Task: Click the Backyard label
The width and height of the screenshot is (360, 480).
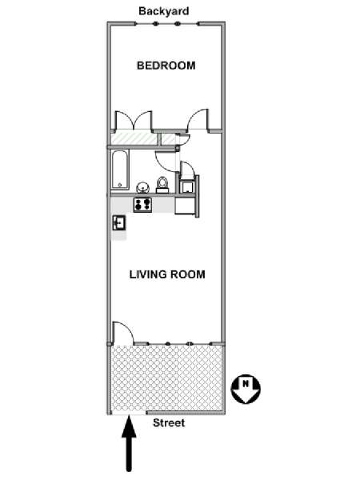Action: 164,11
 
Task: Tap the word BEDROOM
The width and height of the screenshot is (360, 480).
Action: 166,66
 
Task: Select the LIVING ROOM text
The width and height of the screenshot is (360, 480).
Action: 167,274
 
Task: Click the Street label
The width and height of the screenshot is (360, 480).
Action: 169,422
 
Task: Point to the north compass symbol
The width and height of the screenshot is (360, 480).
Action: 246,389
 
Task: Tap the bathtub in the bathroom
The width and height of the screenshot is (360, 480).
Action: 120,170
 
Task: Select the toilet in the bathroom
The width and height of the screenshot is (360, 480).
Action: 162,186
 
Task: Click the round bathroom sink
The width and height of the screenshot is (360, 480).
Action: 142,187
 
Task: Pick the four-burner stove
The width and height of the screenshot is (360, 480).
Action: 142,205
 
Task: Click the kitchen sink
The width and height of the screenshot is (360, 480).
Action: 119,222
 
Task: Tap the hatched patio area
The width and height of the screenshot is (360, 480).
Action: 166,379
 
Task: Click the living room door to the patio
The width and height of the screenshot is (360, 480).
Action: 123,333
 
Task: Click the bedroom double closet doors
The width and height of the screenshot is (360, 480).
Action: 134,121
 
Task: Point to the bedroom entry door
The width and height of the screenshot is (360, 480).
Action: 198,120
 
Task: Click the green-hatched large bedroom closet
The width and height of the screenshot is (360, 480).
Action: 134,138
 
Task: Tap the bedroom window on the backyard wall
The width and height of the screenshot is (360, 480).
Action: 166,23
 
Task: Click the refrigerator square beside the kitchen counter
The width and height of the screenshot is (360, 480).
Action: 184,206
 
